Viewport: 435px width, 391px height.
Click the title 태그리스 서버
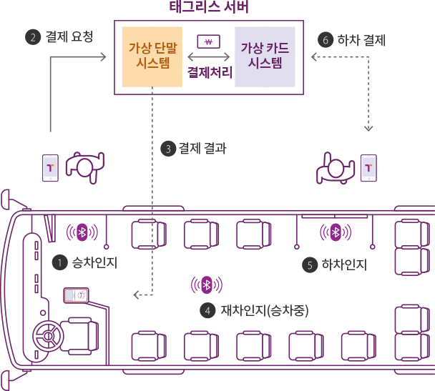pyautogui.click(x=209, y=8)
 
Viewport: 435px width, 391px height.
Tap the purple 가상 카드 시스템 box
pyautogui.click(x=265, y=55)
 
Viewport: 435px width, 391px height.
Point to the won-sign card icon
pyautogui.click(x=208, y=42)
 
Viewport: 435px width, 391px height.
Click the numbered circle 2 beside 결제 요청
pyautogui.click(x=31, y=37)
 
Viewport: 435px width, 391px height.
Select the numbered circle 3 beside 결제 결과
pyautogui.click(x=169, y=149)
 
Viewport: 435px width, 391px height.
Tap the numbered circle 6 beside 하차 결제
pyautogui.click(x=326, y=40)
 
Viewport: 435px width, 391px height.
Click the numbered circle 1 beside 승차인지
pyautogui.click(x=61, y=263)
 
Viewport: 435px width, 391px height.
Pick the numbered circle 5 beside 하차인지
pyautogui.click(x=310, y=265)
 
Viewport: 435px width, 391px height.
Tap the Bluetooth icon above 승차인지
pyautogui.click(x=82, y=232)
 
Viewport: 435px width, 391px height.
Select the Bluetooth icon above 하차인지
pyautogui.click(x=335, y=232)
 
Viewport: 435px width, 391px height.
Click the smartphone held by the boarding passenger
pyautogui.click(x=49, y=167)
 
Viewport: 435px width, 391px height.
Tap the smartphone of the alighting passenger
pyautogui.click(x=368, y=168)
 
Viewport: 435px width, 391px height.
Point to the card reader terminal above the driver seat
pyautogui.click(x=76, y=295)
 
